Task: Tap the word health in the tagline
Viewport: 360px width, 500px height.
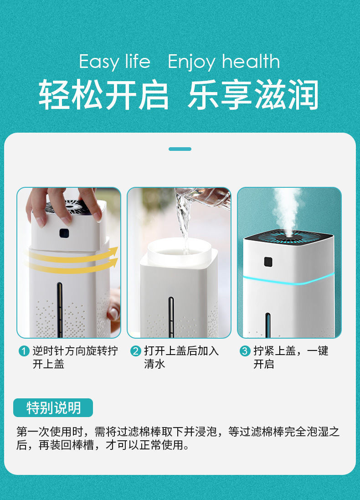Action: [x=251, y=61]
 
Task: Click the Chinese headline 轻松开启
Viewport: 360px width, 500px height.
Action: [x=103, y=95]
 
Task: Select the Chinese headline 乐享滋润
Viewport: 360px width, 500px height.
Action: [x=253, y=95]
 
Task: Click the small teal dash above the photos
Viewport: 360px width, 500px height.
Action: [x=180, y=149]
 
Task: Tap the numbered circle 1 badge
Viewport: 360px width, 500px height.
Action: [x=24, y=351]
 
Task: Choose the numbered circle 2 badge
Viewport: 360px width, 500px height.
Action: [x=135, y=351]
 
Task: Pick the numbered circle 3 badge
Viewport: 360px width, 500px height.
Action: [x=245, y=351]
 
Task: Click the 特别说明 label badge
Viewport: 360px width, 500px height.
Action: [x=53, y=407]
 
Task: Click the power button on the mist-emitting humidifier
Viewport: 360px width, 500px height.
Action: [x=268, y=262]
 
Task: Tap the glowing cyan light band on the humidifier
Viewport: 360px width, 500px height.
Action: [x=288, y=279]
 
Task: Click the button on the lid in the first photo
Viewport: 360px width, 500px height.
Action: [x=64, y=233]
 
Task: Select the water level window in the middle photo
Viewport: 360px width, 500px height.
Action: [x=171, y=317]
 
